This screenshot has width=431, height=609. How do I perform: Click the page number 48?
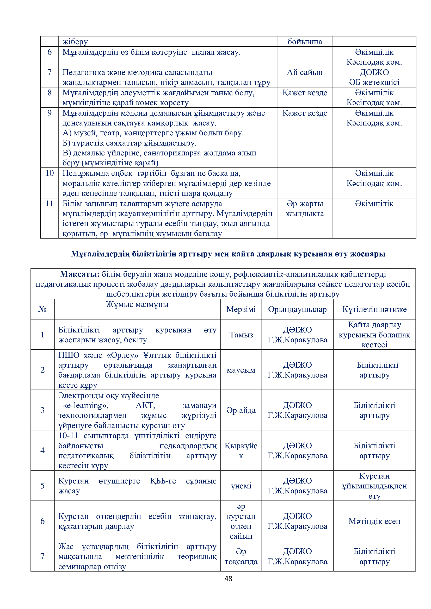click(228, 579)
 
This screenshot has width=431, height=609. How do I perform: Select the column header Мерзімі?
click(241, 309)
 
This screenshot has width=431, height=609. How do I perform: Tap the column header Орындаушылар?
click(297, 309)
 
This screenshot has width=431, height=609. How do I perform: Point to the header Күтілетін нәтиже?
click(374, 309)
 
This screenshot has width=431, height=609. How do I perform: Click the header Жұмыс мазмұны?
click(137, 304)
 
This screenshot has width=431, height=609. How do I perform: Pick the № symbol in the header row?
click(42, 309)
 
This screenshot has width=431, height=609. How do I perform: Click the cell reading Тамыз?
click(241, 335)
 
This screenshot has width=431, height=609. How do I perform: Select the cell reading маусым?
click(241, 370)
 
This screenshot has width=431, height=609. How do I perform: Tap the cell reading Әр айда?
click(241, 410)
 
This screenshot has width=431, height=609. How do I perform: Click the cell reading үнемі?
click(241, 486)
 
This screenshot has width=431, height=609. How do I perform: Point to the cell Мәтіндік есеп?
click(374, 521)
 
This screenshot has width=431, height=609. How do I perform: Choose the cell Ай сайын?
click(305, 72)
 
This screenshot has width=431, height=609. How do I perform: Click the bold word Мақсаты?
click(79, 274)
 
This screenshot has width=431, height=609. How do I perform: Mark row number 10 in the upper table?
click(50, 173)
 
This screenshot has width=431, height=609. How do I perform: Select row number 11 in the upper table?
click(50, 203)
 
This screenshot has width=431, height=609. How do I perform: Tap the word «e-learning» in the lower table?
click(85, 405)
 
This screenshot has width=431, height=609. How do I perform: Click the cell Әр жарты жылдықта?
click(305, 209)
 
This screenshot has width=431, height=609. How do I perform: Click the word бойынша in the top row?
click(305, 42)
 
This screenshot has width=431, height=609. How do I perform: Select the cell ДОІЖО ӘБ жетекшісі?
click(374, 77)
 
